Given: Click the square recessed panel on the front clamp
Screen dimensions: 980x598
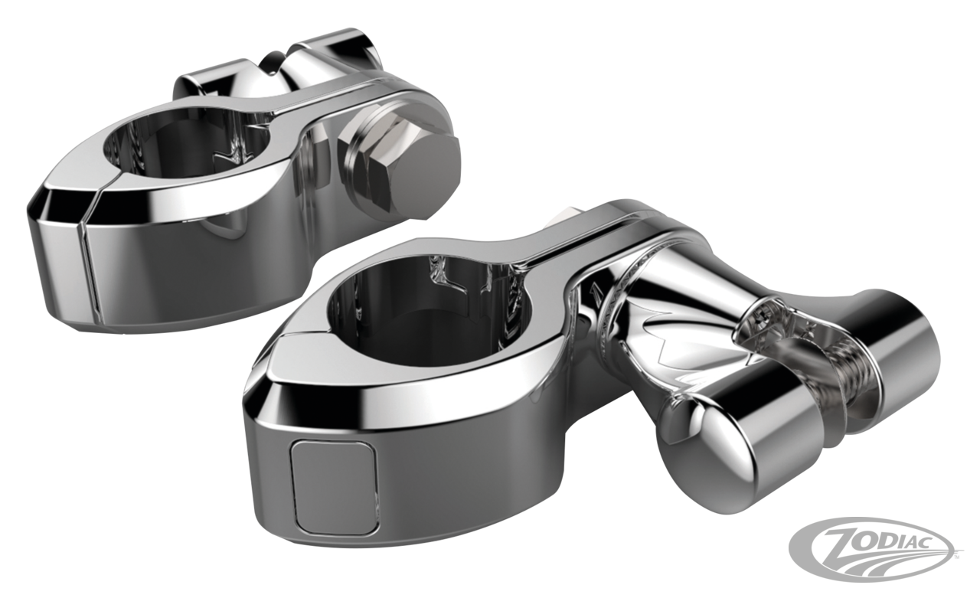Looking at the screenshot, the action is [335, 488].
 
